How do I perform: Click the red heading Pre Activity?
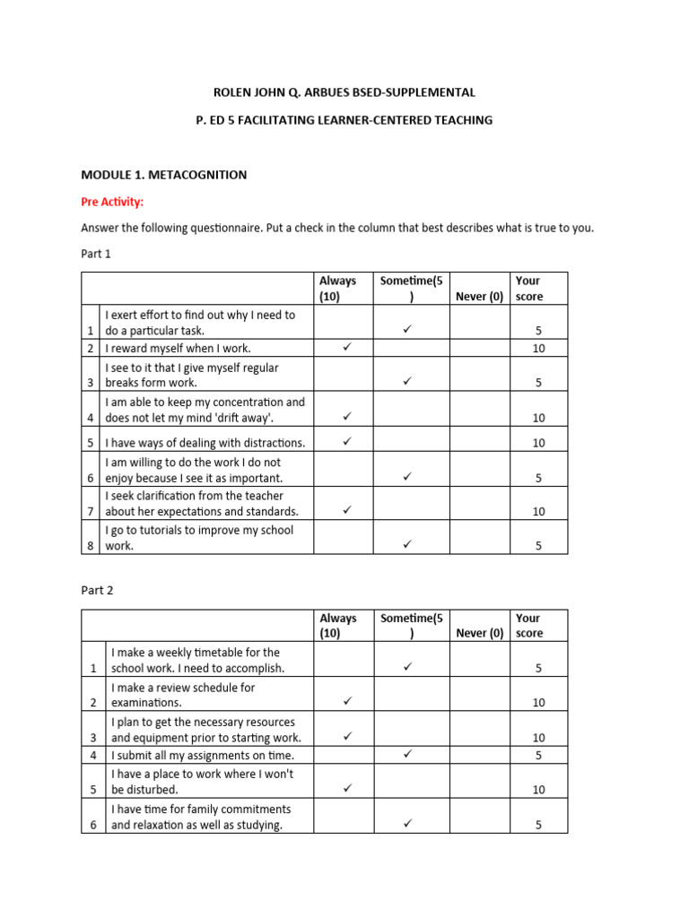[x=112, y=202]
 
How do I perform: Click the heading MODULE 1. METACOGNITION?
[x=163, y=175]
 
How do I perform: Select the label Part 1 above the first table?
[x=96, y=254]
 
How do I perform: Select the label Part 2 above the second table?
[x=96, y=591]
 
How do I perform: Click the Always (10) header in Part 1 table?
[x=338, y=289]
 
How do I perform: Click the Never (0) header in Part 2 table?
[x=479, y=633]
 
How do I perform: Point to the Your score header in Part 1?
[x=528, y=289]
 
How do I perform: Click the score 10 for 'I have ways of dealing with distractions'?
[x=538, y=443]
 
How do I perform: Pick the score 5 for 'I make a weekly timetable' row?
[x=538, y=669]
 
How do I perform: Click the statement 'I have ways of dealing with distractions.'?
[x=205, y=443]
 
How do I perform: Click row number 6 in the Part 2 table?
[x=93, y=826]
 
